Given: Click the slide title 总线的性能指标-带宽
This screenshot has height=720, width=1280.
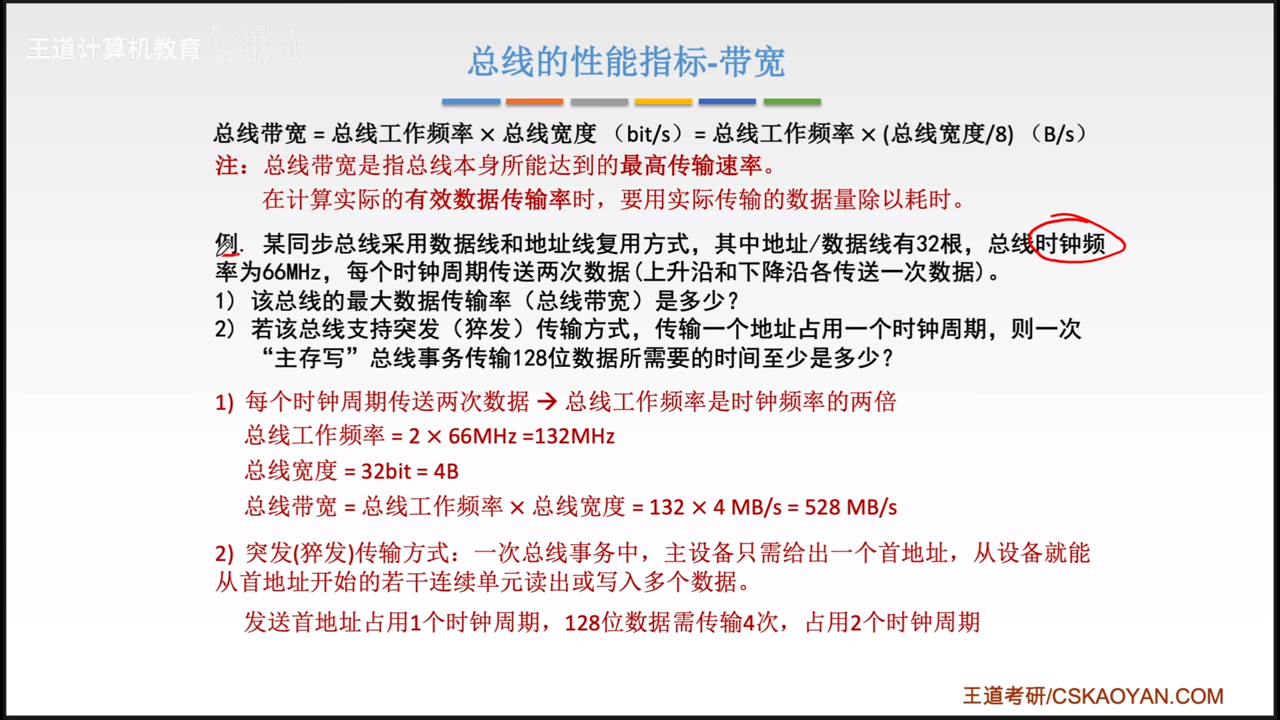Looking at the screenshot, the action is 626,62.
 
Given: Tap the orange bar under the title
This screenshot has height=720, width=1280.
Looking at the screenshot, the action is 534,101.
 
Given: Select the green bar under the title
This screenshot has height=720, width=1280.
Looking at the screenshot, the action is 792,101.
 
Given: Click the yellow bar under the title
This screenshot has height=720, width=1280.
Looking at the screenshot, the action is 663,101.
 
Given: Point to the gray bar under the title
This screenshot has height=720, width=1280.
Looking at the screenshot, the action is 599,101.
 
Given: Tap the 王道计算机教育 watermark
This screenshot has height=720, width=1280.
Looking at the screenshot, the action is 114,49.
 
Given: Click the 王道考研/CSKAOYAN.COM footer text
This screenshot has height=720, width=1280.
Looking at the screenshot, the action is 1093,696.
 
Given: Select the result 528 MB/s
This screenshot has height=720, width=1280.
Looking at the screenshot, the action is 851,507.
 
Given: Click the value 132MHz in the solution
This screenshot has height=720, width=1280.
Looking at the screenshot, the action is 575,436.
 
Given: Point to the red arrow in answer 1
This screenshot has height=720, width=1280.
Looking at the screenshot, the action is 547,401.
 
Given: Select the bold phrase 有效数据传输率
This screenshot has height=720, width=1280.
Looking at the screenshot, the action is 488,199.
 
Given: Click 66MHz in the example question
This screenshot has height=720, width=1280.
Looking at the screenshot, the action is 292,272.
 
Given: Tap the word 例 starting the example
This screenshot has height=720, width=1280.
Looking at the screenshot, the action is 226,244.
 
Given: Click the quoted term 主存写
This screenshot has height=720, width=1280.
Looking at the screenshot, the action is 309,358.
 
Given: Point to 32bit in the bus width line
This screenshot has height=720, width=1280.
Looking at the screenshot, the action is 386,471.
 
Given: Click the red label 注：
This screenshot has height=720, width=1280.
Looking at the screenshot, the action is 232,165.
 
